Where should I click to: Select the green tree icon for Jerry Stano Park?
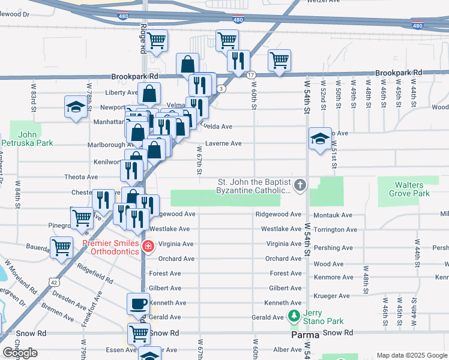[x=294, y=315]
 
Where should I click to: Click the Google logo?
[x=19, y=353]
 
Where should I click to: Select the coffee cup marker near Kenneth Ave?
[x=138, y=304]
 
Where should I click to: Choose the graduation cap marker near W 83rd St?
[x=76, y=107]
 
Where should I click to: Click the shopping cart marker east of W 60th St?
[x=279, y=60]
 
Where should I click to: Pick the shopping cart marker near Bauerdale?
[x=61, y=247]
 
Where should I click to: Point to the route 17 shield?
[x=250, y=74]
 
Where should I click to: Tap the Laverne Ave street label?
[x=223, y=143]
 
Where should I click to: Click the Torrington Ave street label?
[x=335, y=229]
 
